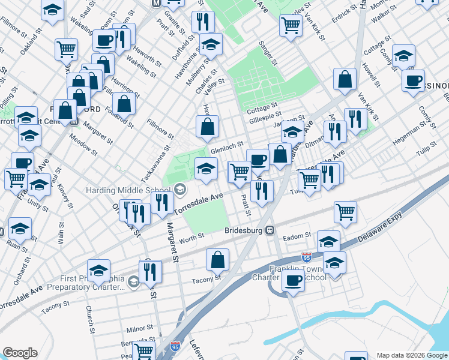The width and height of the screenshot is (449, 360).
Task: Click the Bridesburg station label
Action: coord(244,230)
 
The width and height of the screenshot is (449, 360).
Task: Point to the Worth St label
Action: coord(192,238)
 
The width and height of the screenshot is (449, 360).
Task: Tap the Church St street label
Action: coord(89,319)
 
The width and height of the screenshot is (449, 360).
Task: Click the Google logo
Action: coord(20,353)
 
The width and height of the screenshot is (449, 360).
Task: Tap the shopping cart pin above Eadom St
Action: coord(345,212)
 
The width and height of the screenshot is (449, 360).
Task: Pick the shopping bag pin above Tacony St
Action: coord(217,260)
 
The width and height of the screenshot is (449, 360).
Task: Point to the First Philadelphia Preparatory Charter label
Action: coord(93,283)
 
